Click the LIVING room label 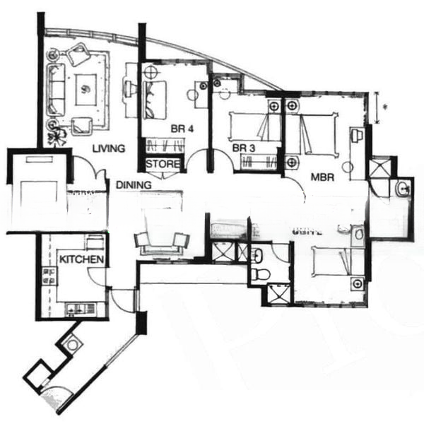(x=108, y=148)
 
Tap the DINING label (x=135, y=184)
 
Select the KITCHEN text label (x=82, y=260)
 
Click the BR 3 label (x=243, y=148)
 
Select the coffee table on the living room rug (x=86, y=88)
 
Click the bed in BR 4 (x=155, y=99)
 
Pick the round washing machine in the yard (x=73, y=344)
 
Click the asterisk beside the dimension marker (x=384, y=107)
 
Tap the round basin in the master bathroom (x=401, y=188)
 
